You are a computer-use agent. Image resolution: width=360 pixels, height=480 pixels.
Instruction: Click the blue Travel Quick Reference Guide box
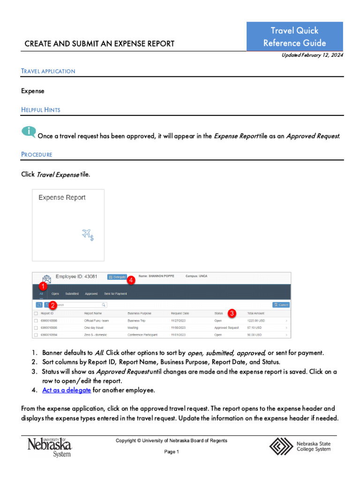point(294,37)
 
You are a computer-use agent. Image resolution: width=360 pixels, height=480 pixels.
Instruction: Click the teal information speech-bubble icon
point(28,132)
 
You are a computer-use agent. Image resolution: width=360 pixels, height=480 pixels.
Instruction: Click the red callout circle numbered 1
point(43,285)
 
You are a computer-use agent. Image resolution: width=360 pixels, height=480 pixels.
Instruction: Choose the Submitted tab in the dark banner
point(72,294)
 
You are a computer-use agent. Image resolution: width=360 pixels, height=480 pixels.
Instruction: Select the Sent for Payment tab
point(115,294)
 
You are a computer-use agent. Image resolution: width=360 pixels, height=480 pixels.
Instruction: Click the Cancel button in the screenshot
point(281,305)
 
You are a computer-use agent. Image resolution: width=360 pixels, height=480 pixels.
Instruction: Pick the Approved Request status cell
point(226,328)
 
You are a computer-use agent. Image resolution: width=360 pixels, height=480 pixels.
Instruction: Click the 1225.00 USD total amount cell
point(257,321)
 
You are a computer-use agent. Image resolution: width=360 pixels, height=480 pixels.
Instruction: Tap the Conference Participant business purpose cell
point(142,335)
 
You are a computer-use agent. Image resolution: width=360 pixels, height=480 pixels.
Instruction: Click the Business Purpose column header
point(139,313)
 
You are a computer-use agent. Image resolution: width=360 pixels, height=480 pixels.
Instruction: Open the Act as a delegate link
point(66,390)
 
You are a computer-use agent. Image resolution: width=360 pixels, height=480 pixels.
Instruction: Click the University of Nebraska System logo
point(49,447)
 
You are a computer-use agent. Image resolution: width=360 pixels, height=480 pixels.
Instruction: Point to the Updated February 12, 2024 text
point(312,55)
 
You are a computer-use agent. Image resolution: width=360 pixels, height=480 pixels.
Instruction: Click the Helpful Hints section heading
point(41,110)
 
